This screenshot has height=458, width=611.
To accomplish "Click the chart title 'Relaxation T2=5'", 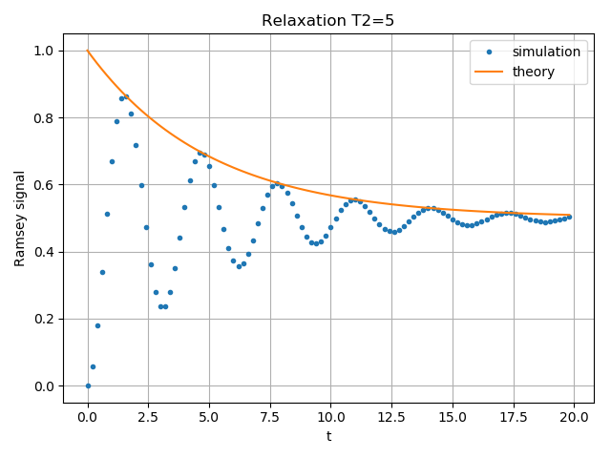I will pyautogui.click(x=328, y=21).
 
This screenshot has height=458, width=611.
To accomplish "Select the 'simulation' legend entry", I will pyautogui.click(x=546, y=52).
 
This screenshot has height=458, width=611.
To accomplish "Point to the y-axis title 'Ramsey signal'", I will pyautogui.click(x=20, y=219).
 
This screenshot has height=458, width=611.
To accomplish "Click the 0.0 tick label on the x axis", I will pyautogui.click(x=88, y=416).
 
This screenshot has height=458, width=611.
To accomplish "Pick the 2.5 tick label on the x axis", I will pyautogui.click(x=149, y=416).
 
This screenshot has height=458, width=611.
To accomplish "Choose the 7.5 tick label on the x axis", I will pyautogui.click(x=270, y=416).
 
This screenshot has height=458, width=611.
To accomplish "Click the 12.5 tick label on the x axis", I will pyautogui.click(x=391, y=416).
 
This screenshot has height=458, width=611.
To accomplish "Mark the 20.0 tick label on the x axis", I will pyautogui.click(x=574, y=416).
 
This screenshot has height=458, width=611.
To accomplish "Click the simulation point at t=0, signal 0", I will pyautogui.click(x=88, y=385).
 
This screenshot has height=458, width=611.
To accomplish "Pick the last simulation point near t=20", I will pyautogui.click(x=569, y=217).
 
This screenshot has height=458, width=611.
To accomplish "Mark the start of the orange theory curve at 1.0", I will pyautogui.click(x=88, y=51).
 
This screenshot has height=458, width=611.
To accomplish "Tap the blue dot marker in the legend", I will pyautogui.click(x=490, y=52).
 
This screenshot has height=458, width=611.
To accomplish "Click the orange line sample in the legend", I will pyautogui.click(x=490, y=71).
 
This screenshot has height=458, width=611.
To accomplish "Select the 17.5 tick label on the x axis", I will pyautogui.click(x=513, y=416).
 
